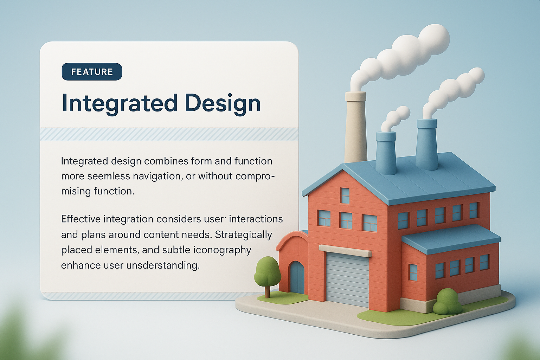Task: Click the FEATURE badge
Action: [x=92, y=72]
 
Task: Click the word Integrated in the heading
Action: [x=119, y=103]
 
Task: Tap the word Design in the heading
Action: [x=223, y=103]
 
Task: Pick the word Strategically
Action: [x=244, y=234]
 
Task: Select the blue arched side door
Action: [x=297, y=278]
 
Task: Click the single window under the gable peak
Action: [x=345, y=195]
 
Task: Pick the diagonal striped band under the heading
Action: [x=169, y=134]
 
